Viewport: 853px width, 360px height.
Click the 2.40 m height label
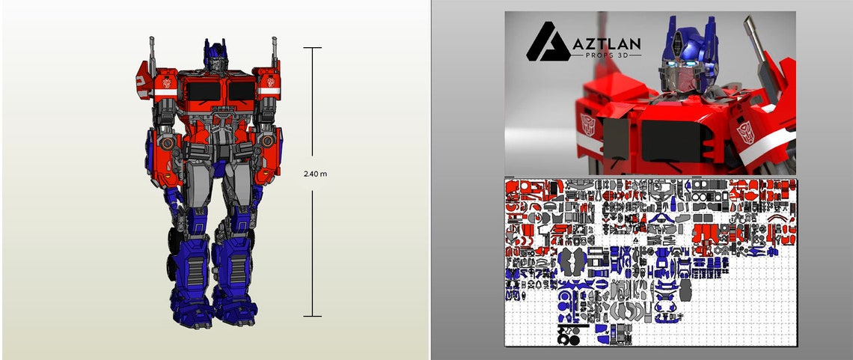pos(314,174)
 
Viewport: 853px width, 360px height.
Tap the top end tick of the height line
pos(313,48)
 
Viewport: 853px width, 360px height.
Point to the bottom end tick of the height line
pos(313,316)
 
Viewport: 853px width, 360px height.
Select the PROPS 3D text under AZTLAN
pos(608,58)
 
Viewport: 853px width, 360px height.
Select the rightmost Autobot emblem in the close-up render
pos(747,133)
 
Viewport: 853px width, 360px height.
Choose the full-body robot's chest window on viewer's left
pos(200,92)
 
